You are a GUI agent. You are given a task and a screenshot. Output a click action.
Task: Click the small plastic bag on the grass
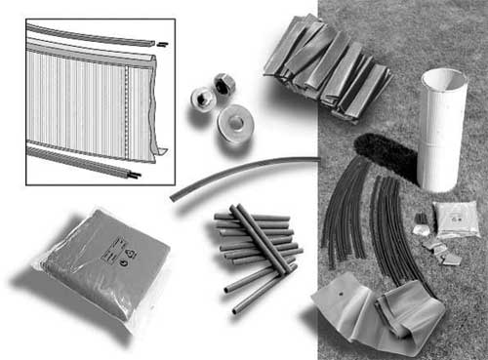[x=455, y=220]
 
